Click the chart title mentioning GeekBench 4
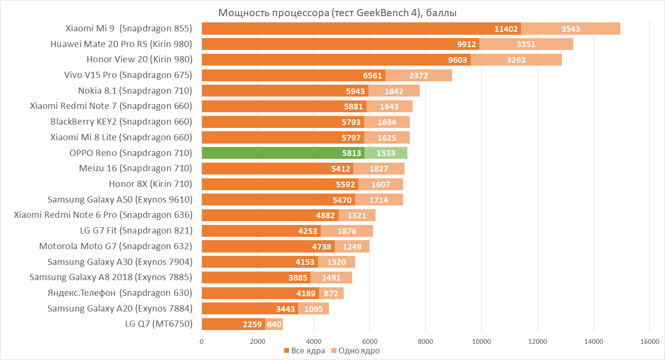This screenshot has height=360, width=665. coord(337,13)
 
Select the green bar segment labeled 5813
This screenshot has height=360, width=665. coord(283,153)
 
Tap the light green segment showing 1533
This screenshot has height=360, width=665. coord(386,153)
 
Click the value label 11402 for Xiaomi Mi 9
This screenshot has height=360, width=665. coord(506,29)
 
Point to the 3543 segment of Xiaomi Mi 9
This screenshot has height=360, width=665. coord(570,29)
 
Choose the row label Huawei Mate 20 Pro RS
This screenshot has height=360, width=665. coord(121,44)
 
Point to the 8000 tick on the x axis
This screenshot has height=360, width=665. coord(425,341)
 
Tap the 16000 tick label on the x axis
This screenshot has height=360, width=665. coord(649,341)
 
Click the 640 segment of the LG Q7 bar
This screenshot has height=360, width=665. coord(274,324)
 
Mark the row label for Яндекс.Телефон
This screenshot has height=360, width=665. coord(120,292)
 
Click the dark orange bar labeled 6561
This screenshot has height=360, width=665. coord(293,76)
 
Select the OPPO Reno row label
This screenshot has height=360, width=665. coord(130,153)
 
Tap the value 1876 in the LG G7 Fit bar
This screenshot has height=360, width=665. coord(347,231)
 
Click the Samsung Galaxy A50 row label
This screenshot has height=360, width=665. coord(120,200)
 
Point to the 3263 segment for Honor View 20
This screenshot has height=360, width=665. coord(516,60)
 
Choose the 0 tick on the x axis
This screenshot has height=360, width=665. coord(202,341)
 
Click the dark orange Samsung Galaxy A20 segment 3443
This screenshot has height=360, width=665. coord(250,309)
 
